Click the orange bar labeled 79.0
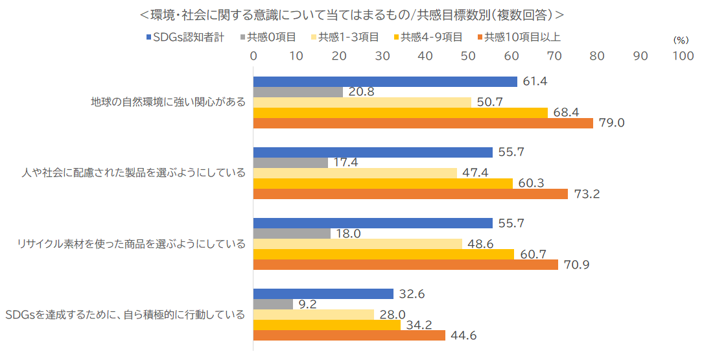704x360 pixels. [423, 123]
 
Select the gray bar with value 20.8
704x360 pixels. [298, 92]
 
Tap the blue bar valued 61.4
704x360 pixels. [385, 82]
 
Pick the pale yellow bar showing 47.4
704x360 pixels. [355, 173]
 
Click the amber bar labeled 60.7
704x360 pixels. [383, 254]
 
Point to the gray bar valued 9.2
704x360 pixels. [273, 304]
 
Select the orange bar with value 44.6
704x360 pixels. [349, 335]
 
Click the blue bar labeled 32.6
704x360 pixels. [323, 294]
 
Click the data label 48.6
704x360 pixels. [481, 244]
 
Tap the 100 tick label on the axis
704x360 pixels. [683, 56]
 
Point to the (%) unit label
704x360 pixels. [681, 40]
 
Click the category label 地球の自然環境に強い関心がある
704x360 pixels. [168, 102]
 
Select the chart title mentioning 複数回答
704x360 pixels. [351, 14]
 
